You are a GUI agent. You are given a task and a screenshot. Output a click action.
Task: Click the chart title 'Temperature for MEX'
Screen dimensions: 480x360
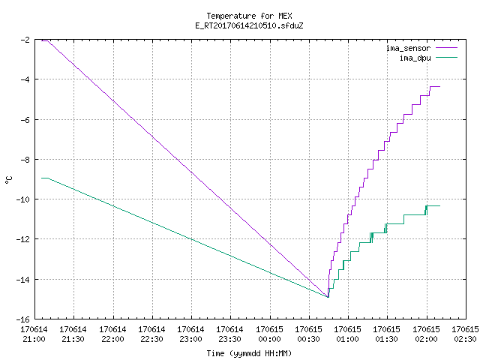click(x=249, y=16)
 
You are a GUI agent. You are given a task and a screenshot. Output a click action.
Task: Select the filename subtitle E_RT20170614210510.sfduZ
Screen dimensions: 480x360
click(x=249, y=25)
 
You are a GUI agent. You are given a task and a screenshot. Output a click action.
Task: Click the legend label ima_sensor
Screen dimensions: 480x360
click(x=408, y=48)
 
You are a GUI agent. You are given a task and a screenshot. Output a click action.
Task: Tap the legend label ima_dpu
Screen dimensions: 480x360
click(x=415, y=58)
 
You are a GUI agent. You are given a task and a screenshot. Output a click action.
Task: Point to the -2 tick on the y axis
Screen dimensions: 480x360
click(x=25, y=40)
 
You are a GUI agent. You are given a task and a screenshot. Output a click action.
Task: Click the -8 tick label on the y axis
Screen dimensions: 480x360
click(x=25, y=160)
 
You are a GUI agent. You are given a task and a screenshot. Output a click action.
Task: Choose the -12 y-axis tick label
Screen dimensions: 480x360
click(x=23, y=238)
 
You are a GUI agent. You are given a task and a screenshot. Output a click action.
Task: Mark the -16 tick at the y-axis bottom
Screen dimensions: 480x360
click(x=23, y=319)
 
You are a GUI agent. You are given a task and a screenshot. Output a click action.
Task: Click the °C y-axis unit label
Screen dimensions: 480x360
click(x=8, y=180)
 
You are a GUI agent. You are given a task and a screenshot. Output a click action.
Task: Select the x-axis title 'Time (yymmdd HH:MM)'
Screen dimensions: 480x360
click(x=249, y=353)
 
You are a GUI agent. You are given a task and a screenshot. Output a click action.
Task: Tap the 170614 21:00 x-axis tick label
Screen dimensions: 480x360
click(x=34, y=334)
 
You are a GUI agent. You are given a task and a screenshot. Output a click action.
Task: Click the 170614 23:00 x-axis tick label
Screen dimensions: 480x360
click(x=191, y=334)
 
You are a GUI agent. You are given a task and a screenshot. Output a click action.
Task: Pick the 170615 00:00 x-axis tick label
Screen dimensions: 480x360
click(x=270, y=334)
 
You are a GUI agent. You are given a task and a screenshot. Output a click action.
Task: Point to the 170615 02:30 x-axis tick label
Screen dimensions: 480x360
click(x=465, y=334)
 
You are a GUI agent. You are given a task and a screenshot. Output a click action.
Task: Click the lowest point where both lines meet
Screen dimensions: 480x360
click(x=328, y=297)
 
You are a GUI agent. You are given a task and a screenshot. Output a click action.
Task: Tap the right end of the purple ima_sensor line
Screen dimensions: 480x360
click(x=440, y=87)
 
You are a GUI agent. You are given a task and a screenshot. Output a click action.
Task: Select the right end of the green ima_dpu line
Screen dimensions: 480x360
click(x=440, y=205)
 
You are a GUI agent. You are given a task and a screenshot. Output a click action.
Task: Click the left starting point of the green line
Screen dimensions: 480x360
click(x=42, y=178)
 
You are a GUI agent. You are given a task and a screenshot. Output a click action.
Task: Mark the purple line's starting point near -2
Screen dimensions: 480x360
click(x=42, y=40)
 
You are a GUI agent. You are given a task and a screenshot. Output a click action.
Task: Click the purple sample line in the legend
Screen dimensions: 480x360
click(x=447, y=48)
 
